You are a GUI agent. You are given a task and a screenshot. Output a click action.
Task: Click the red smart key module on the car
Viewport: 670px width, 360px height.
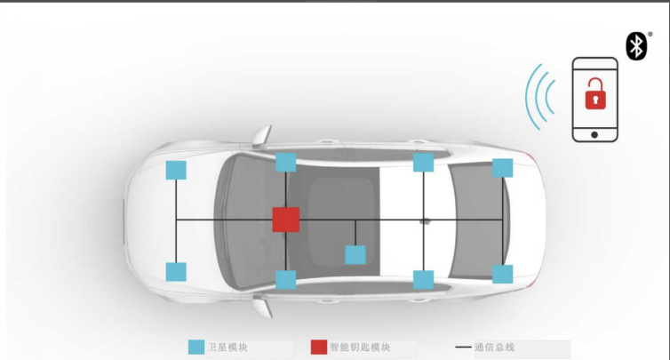click(x=285, y=219)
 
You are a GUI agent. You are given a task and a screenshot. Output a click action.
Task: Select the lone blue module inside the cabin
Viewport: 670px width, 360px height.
click(x=355, y=255)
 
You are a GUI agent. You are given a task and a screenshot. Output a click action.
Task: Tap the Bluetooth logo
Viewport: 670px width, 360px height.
click(x=636, y=46)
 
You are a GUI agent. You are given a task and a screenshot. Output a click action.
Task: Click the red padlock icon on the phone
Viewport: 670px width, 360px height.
click(x=594, y=94)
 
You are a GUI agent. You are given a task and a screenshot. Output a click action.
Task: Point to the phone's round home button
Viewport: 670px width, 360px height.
click(x=594, y=134)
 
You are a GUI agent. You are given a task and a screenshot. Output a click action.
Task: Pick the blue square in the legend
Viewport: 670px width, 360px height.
click(x=196, y=348)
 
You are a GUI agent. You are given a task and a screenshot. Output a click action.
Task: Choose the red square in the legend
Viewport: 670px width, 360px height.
click(x=318, y=348)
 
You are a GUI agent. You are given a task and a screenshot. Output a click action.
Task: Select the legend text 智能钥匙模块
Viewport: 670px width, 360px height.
click(x=360, y=348)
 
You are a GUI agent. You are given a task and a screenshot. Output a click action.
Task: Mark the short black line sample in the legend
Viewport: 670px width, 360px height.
click(x=463, y=348)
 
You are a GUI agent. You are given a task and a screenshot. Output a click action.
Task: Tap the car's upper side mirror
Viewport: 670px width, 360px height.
click(x=260, y=135)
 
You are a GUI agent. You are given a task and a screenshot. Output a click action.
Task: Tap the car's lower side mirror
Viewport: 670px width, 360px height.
click(x=261, y=306)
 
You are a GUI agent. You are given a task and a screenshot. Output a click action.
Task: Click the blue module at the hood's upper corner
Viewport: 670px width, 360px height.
click(x=176, y=169)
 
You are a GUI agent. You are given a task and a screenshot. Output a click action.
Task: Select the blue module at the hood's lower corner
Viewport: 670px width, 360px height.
click(x=176, y=271)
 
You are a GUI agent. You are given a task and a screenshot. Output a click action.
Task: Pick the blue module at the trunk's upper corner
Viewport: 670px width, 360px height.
click(x=503, y=167)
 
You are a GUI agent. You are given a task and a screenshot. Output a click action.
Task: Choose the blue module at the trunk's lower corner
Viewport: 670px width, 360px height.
click(x=503, y=274)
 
